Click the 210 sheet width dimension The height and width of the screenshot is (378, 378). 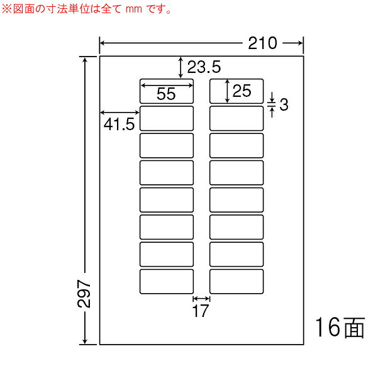tap(262, 43)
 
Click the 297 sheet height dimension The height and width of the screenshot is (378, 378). tap(84, 294)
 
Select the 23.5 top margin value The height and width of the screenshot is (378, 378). tap(204, 67)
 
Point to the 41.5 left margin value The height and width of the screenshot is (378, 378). tap(119, 125)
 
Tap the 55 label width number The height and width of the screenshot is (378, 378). tap(166, 94)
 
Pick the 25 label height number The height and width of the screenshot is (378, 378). tap(242, 91)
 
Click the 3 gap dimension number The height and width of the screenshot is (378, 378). tap(284, 104)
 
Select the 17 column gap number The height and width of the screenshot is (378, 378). tap(201, 311)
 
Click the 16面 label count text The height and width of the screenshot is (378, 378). tap(340, 328)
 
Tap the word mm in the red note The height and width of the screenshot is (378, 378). tap(134, 9)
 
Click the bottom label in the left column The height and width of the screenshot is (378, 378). tap(167, 281)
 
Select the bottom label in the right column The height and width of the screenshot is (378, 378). tap(236, 281)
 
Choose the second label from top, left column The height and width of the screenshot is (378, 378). tap(167, 118)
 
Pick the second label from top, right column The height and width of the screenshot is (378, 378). tap(236, 118)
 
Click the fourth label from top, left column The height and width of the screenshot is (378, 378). tap(167, 172)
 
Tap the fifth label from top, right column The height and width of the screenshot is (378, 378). tap(236, 200)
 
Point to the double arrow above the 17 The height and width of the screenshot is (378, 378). tap(201, 299)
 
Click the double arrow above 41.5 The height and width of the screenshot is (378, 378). tap(120, 113)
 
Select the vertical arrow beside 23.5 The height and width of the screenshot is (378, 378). tap(181, 67)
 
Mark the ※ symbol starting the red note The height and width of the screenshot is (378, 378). tap(7, 9)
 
